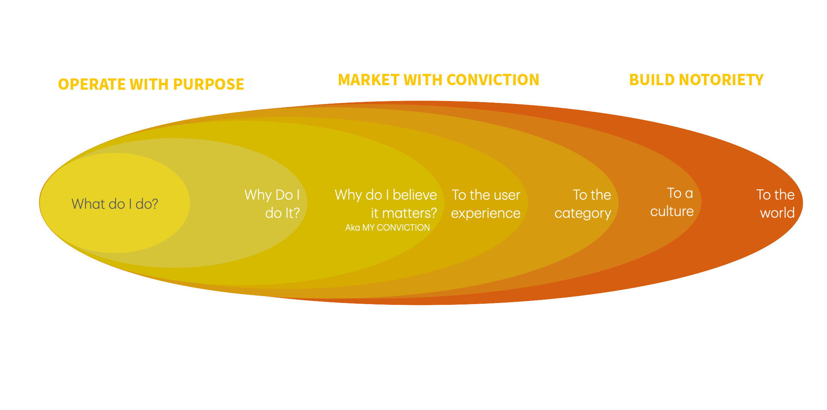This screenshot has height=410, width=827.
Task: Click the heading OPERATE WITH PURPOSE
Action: [151, 84]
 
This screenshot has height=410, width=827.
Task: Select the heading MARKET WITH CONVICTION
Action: [438, 80]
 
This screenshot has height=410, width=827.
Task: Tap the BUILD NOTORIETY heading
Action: [696, 80]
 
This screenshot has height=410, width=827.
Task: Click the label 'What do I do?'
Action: [115, 204]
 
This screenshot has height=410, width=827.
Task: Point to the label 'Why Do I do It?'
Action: [272, 204]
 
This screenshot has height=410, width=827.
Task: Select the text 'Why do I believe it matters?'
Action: [386, 204]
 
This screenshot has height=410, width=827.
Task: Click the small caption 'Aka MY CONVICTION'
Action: [387, 228]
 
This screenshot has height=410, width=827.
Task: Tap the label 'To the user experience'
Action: [486, 204]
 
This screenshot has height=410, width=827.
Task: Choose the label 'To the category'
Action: [583, 204]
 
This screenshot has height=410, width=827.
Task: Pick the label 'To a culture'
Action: [672, 202]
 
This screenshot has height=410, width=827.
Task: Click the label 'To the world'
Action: [776, 204]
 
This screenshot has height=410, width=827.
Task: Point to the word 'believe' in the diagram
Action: [415, 195]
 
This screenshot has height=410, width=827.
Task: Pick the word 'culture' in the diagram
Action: [672, 211]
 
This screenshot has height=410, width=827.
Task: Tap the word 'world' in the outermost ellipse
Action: [778, 213]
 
